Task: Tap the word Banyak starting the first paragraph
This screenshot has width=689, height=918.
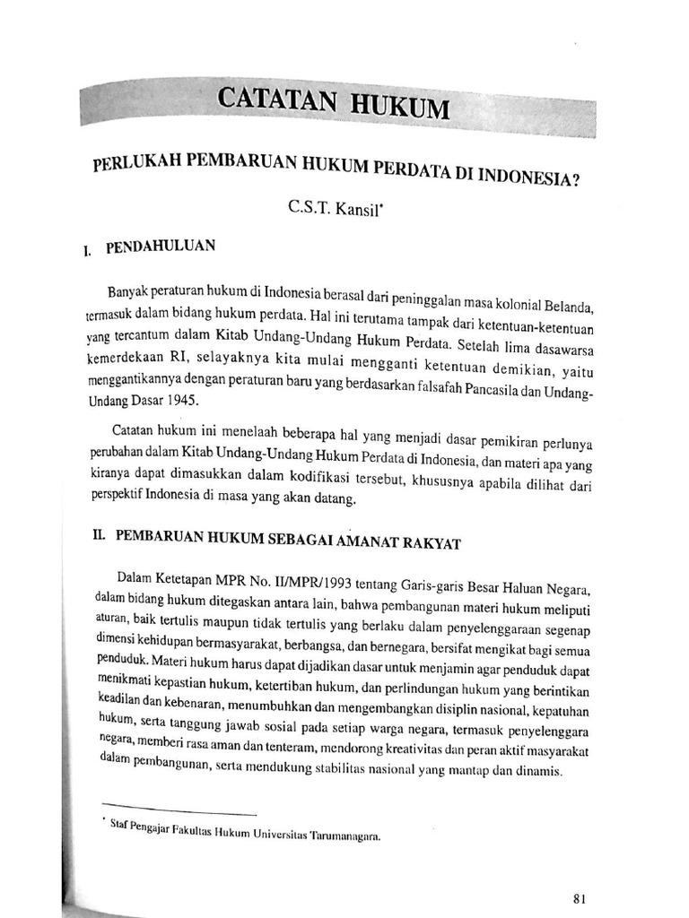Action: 127,291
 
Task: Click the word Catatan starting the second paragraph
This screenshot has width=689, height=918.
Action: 135,431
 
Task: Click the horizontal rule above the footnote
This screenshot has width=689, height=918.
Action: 179,811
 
